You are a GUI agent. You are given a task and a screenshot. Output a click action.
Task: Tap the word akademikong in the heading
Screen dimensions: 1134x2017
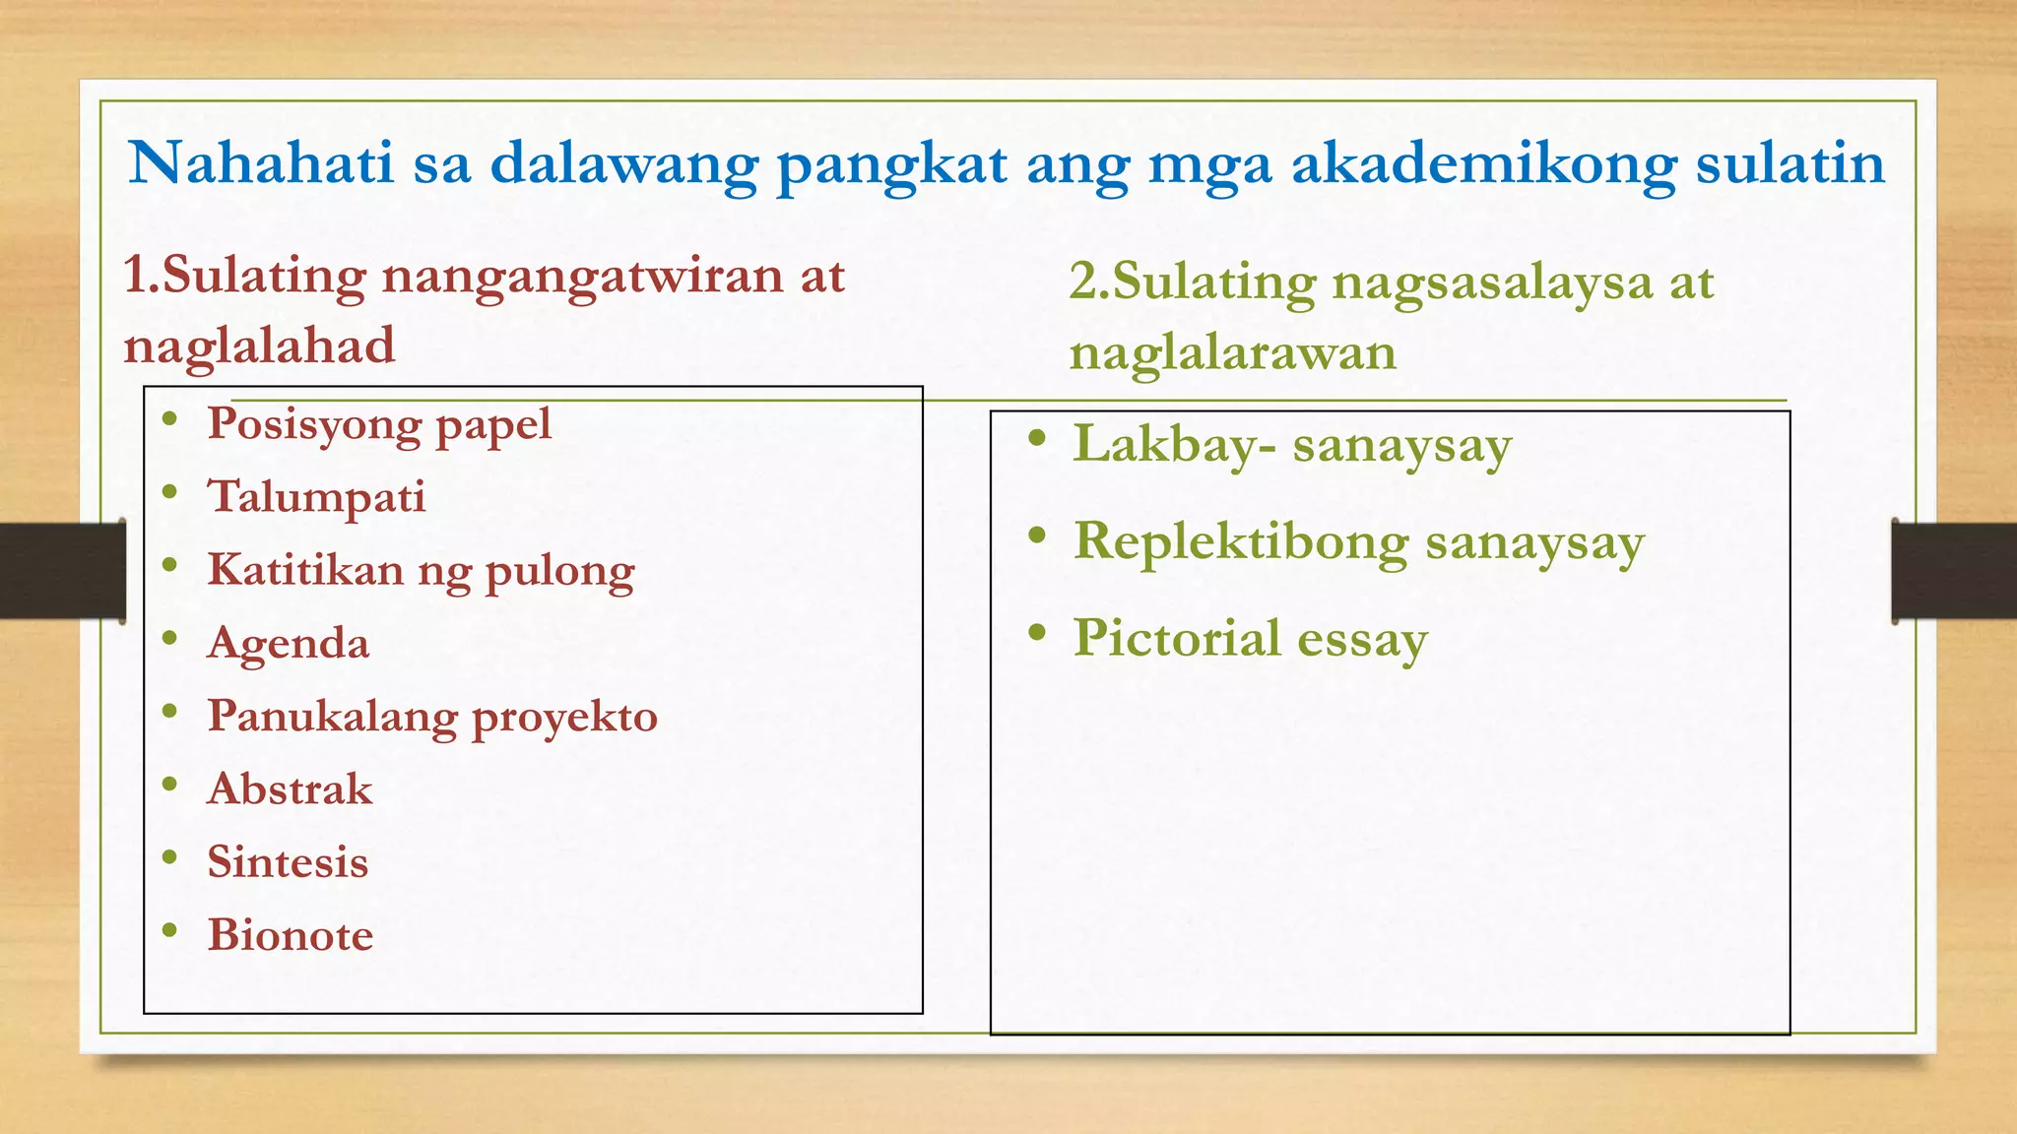pos(1483,163)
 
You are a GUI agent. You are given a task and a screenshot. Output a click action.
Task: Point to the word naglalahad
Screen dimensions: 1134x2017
pos(259,346)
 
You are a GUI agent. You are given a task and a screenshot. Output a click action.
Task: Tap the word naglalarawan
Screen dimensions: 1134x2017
pos(1232,352)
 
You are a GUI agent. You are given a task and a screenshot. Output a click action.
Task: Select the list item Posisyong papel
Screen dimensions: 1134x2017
pos(378,425)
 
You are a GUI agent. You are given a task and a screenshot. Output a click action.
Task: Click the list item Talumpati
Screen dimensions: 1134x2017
pos(316,497)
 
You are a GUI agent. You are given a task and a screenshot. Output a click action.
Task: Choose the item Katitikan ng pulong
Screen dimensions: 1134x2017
pos(421,570)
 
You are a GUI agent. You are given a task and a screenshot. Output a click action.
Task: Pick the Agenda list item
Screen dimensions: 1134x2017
pos(288,644)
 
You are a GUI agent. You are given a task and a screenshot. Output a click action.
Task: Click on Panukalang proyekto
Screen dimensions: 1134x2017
pos(431,717)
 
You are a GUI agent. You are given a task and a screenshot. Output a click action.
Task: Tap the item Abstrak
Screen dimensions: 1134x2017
pos(290,789)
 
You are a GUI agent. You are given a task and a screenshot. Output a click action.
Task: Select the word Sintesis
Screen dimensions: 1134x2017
pos(288,862)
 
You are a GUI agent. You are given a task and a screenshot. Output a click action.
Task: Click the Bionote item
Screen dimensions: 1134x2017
pos(290,935)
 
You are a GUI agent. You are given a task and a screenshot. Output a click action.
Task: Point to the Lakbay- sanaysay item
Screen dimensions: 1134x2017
pos(1291,445)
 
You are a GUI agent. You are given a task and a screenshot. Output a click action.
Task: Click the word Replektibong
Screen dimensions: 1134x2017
pos(1240,542)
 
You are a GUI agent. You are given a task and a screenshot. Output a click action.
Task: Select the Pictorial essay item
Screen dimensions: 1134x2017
pos(1250,639)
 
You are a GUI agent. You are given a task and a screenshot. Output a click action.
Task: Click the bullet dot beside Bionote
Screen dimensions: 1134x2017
pos(170,929)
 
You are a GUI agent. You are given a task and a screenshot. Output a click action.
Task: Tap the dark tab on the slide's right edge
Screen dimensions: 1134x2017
pos(1953,571)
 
